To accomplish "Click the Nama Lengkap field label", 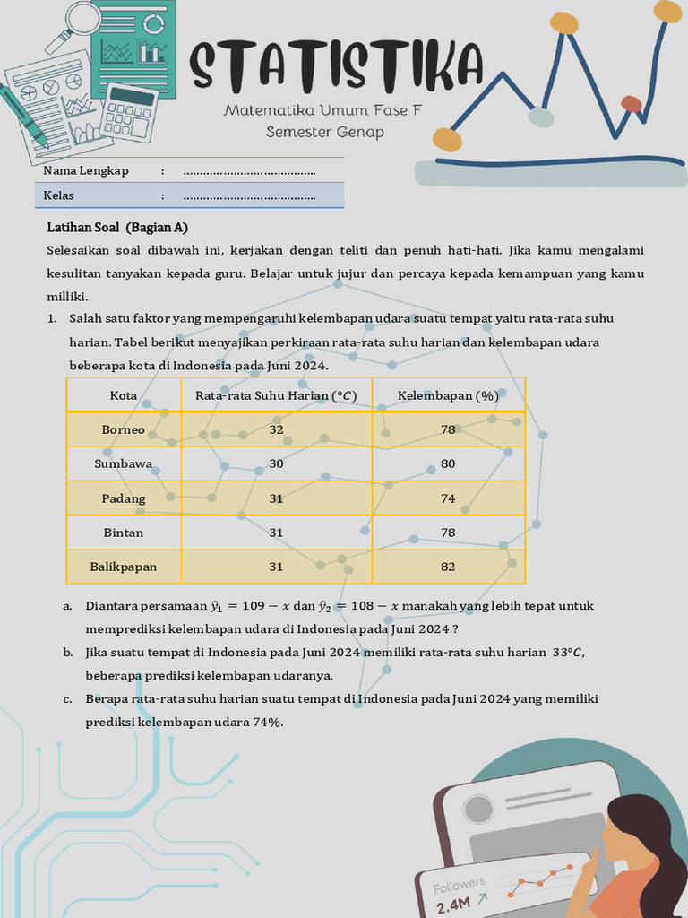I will tap(86, 170).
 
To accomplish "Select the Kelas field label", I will tap(59, 195).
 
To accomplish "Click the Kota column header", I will tap(124, 395).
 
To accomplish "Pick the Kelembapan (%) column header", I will tap(448, 395).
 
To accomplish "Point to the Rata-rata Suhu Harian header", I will tap(276, 395).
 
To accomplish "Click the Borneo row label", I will tap(124, 429).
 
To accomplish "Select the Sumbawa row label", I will tap(124, 463).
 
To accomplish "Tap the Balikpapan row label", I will tap(124, 567).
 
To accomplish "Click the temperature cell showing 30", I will tap(276, 463).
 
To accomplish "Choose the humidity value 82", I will tap(448, 567).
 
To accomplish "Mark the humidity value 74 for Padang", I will tap(448, 498).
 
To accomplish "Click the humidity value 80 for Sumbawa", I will tap(448, 463).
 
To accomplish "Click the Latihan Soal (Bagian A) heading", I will tap(117, 227).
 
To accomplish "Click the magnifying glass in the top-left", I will tap(77, 22).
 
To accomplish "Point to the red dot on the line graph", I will tap(632, 104).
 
